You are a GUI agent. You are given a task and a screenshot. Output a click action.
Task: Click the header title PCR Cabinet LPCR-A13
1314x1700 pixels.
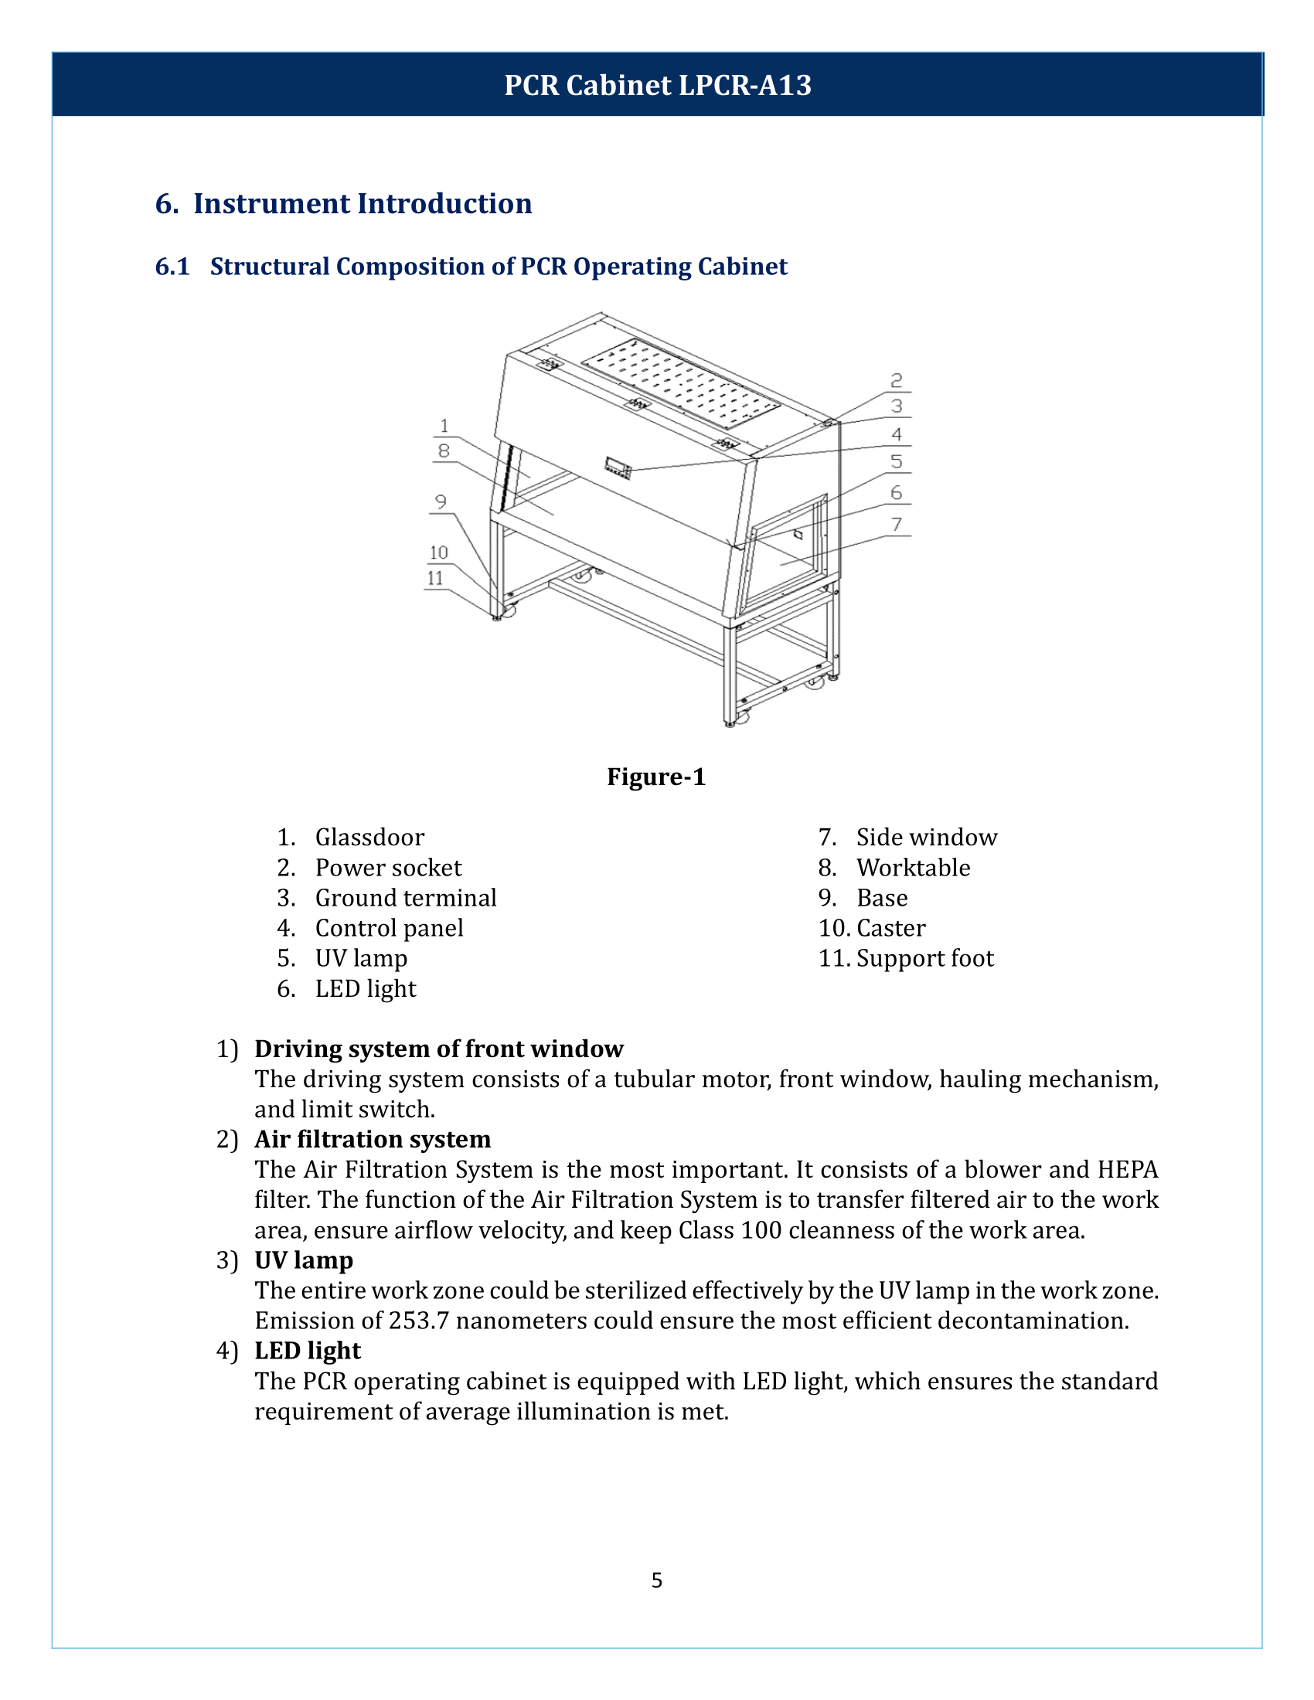657,85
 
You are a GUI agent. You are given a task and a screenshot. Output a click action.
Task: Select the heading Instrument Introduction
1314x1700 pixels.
362,203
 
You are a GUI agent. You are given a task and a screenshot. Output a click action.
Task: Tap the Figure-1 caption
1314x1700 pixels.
656,777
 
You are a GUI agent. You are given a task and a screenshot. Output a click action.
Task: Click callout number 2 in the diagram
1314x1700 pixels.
897,381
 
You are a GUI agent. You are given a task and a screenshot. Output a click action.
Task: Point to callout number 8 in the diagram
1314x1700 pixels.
444,450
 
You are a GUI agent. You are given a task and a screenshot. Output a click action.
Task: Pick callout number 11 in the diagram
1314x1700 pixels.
435,578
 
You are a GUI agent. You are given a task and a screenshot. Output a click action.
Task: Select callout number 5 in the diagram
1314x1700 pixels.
897,461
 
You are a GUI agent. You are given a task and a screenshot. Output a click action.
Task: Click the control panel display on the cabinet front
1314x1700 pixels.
618,468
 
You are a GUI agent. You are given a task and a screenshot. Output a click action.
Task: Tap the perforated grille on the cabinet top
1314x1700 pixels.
680,382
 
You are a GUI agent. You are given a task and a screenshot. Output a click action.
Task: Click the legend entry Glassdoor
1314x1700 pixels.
369,838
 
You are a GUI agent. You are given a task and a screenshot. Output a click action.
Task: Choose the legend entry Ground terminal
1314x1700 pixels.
406,898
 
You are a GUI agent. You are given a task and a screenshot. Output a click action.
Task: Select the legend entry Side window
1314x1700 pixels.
926,838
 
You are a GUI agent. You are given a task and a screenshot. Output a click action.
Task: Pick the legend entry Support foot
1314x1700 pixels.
924,958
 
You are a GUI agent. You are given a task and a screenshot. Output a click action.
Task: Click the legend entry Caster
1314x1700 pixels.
890,928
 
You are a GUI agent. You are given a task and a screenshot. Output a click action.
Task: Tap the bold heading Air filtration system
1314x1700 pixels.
372,1140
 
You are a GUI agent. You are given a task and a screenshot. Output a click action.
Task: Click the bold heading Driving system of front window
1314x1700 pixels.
438,1049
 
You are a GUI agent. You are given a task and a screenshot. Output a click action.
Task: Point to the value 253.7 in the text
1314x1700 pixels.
419,1321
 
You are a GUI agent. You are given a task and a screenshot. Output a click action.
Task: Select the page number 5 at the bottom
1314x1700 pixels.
657,1580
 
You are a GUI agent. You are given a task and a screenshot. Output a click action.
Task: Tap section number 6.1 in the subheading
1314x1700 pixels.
172,267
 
